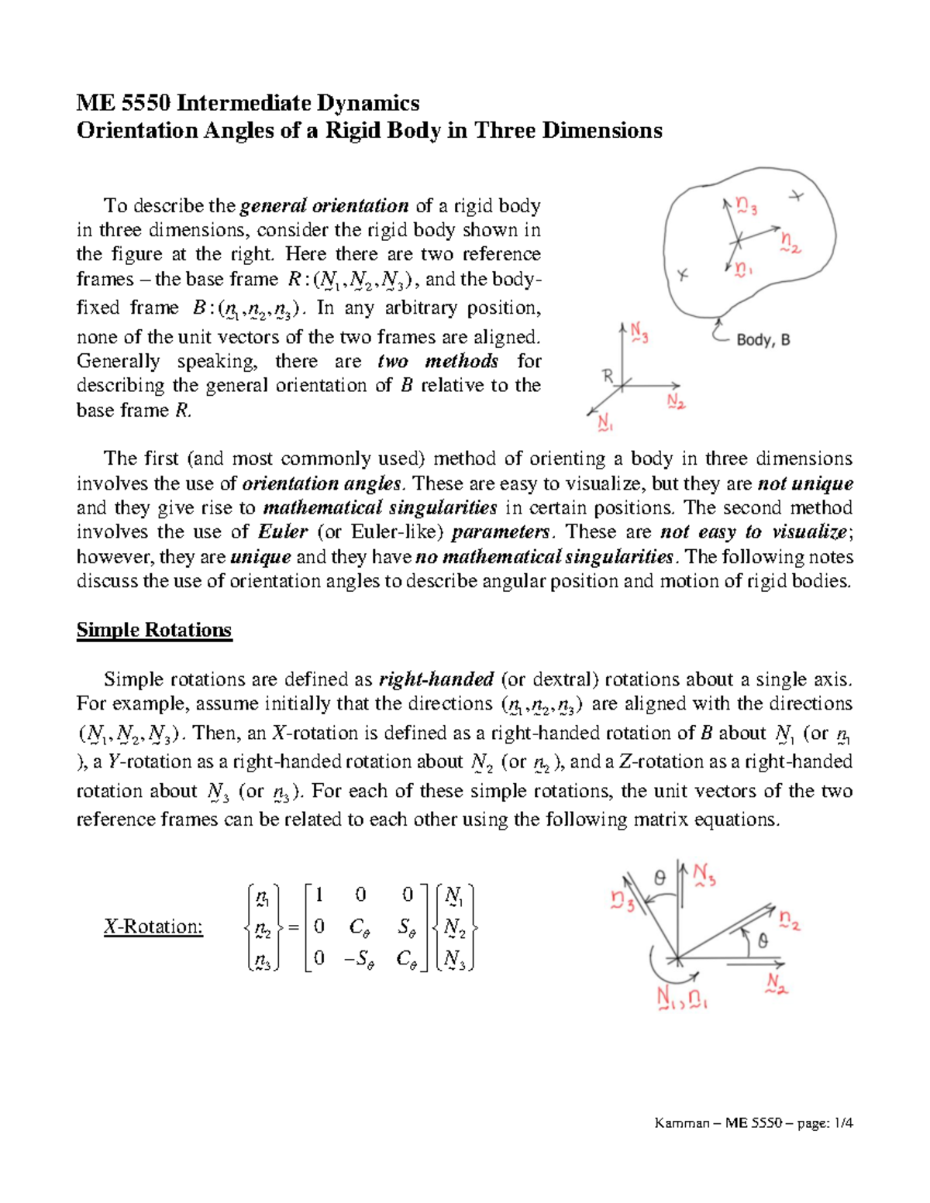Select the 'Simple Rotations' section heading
pos(153,630)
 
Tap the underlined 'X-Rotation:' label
pos(153,926)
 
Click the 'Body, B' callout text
pos(763,339)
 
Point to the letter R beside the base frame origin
pos(608,376)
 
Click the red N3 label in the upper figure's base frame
pos(639,335)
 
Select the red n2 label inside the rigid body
pos(790,242)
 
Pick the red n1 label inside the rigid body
pos(743,270)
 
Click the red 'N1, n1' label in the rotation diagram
pos(681,998)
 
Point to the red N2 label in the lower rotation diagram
pos(777,984)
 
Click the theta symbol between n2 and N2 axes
pos(763,940)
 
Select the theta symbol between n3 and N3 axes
pos(660,878)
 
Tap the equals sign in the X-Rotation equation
pos(293,927)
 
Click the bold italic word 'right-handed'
pos(436,679)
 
